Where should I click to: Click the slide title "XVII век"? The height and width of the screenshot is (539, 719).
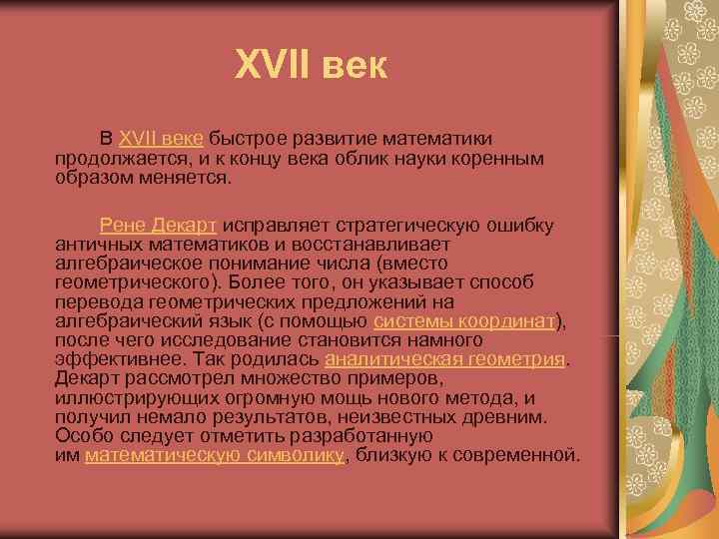(310, 67)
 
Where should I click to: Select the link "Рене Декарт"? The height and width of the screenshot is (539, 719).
(159, 226)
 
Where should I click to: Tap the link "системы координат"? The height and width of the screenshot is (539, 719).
(463, 319)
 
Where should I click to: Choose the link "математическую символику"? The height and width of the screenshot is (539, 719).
(215, 454)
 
